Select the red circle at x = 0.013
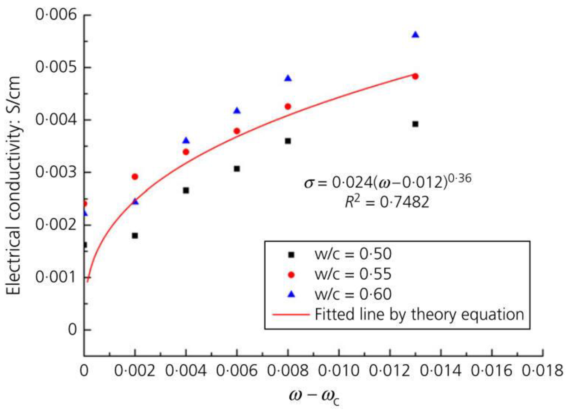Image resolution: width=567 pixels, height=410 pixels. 415,76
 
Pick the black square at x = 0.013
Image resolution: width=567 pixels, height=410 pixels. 415,124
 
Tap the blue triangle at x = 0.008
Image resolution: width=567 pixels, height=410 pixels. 288,79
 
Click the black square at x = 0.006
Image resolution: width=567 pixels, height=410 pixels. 237,169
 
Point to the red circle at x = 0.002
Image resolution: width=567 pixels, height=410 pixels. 135,177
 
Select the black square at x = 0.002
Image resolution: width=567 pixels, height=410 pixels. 135,236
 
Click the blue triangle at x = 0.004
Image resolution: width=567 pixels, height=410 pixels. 186,141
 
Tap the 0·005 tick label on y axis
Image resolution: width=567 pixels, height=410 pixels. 56,67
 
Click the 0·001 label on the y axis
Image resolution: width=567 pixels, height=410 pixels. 56,277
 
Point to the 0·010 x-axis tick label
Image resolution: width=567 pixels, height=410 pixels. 339,371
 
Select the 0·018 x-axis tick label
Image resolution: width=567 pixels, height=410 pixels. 543,371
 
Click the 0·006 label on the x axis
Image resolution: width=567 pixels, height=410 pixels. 237,371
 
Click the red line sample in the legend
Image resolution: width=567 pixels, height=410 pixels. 291,315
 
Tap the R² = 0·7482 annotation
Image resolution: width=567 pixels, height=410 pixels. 387,202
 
